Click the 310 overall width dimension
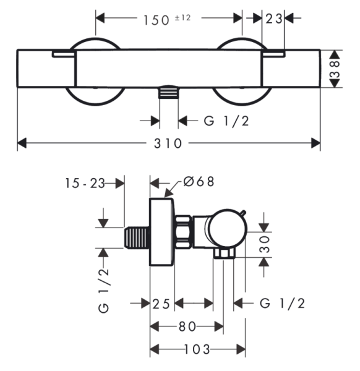[x=168, y=143]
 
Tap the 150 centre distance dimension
[x=156, y=20]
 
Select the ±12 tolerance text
[x=182, y=18]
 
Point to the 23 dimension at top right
[x=274, y=19]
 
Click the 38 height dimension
[x=335, y=69]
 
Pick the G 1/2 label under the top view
[x=226, y=121]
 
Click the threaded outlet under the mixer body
[x=168, y=92]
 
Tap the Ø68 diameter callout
[x=199, y=182]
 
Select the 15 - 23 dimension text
[x=85, y=183]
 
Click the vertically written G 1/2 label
[x=104, y=291]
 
